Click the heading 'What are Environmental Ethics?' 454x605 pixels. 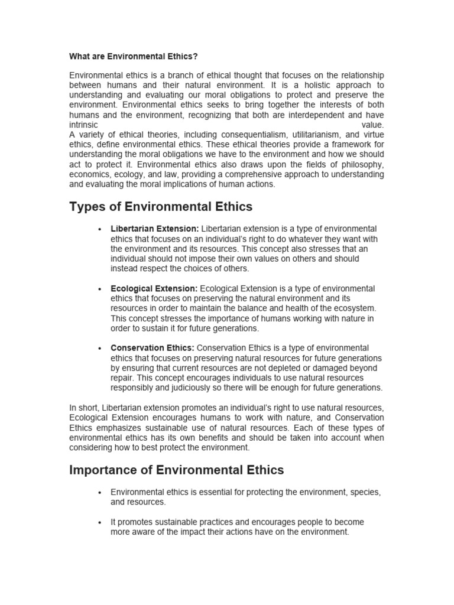point(133,57)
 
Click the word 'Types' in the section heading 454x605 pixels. point(86,207)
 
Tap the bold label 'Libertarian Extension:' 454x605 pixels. point(155,229)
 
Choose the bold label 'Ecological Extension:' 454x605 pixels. point(154,288)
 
